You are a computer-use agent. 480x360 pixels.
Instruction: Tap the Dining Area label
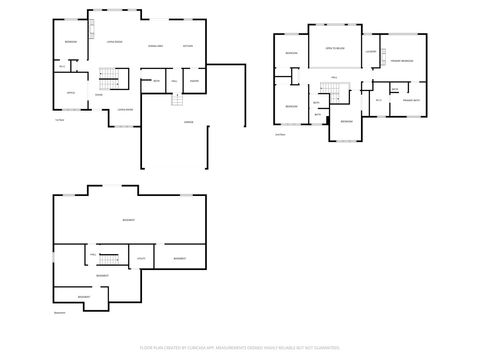pyautogui.click(x=155, y=45)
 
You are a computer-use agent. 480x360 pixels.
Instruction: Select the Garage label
pyautogui.click(x=188, y=121)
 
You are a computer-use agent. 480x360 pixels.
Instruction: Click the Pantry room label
pyautogui.click(x=194, y=81)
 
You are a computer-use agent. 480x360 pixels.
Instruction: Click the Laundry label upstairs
pyautogui.click(x=370, y=51)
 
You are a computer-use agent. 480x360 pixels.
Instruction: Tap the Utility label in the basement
pyautogui.click(x=141, y=259)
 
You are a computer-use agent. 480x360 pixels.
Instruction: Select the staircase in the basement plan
pyautogui.click(x=107, y=258)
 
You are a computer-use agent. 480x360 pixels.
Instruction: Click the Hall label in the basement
pyautogui.click(x=78, y=257)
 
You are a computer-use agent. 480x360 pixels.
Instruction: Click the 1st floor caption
pyautogui.click(x=59, y=120)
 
